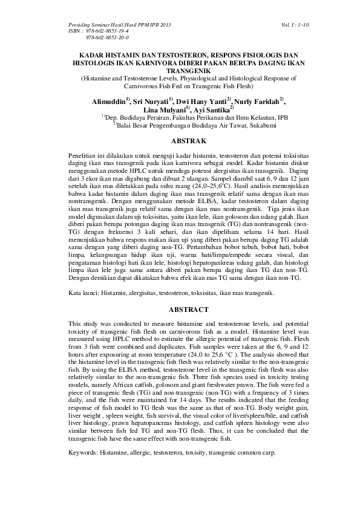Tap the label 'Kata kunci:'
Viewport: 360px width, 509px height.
[84, 291]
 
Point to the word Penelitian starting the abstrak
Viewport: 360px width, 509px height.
[85, 156]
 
